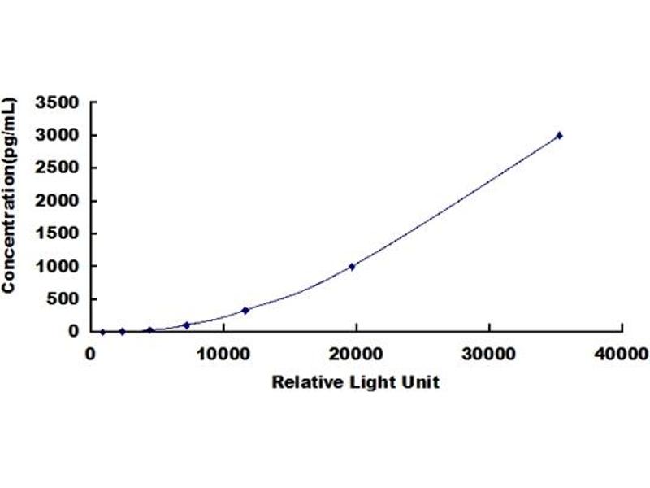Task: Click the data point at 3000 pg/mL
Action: point(559,135)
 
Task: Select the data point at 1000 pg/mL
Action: point(352,266)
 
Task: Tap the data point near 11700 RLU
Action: point(245,310)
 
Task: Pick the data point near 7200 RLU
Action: point(186,325)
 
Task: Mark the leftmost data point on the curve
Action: point(102,331)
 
